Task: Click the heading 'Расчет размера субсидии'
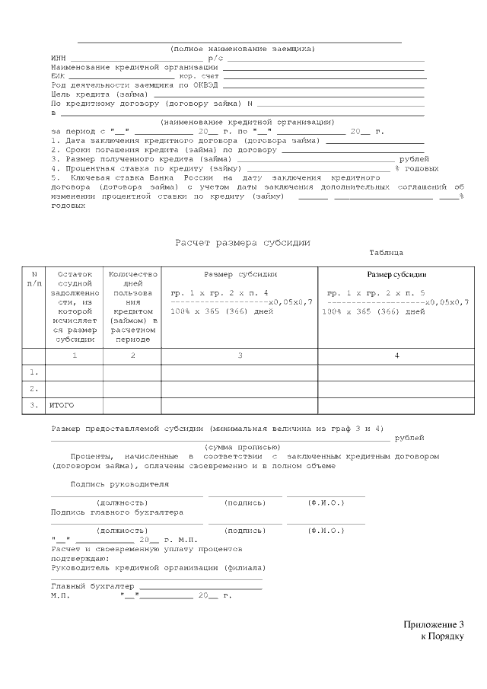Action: point(243,242)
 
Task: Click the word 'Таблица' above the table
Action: point(386,253)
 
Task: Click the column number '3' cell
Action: point(240,356)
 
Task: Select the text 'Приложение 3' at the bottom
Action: point(433,625)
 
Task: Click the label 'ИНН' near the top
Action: point(58,58)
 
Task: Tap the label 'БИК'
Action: point(58,76)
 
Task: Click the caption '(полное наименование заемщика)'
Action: point(242,49)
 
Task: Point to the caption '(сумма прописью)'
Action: point(243,447)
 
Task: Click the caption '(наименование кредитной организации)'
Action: point(247,122)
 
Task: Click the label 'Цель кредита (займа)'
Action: point(99,94)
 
